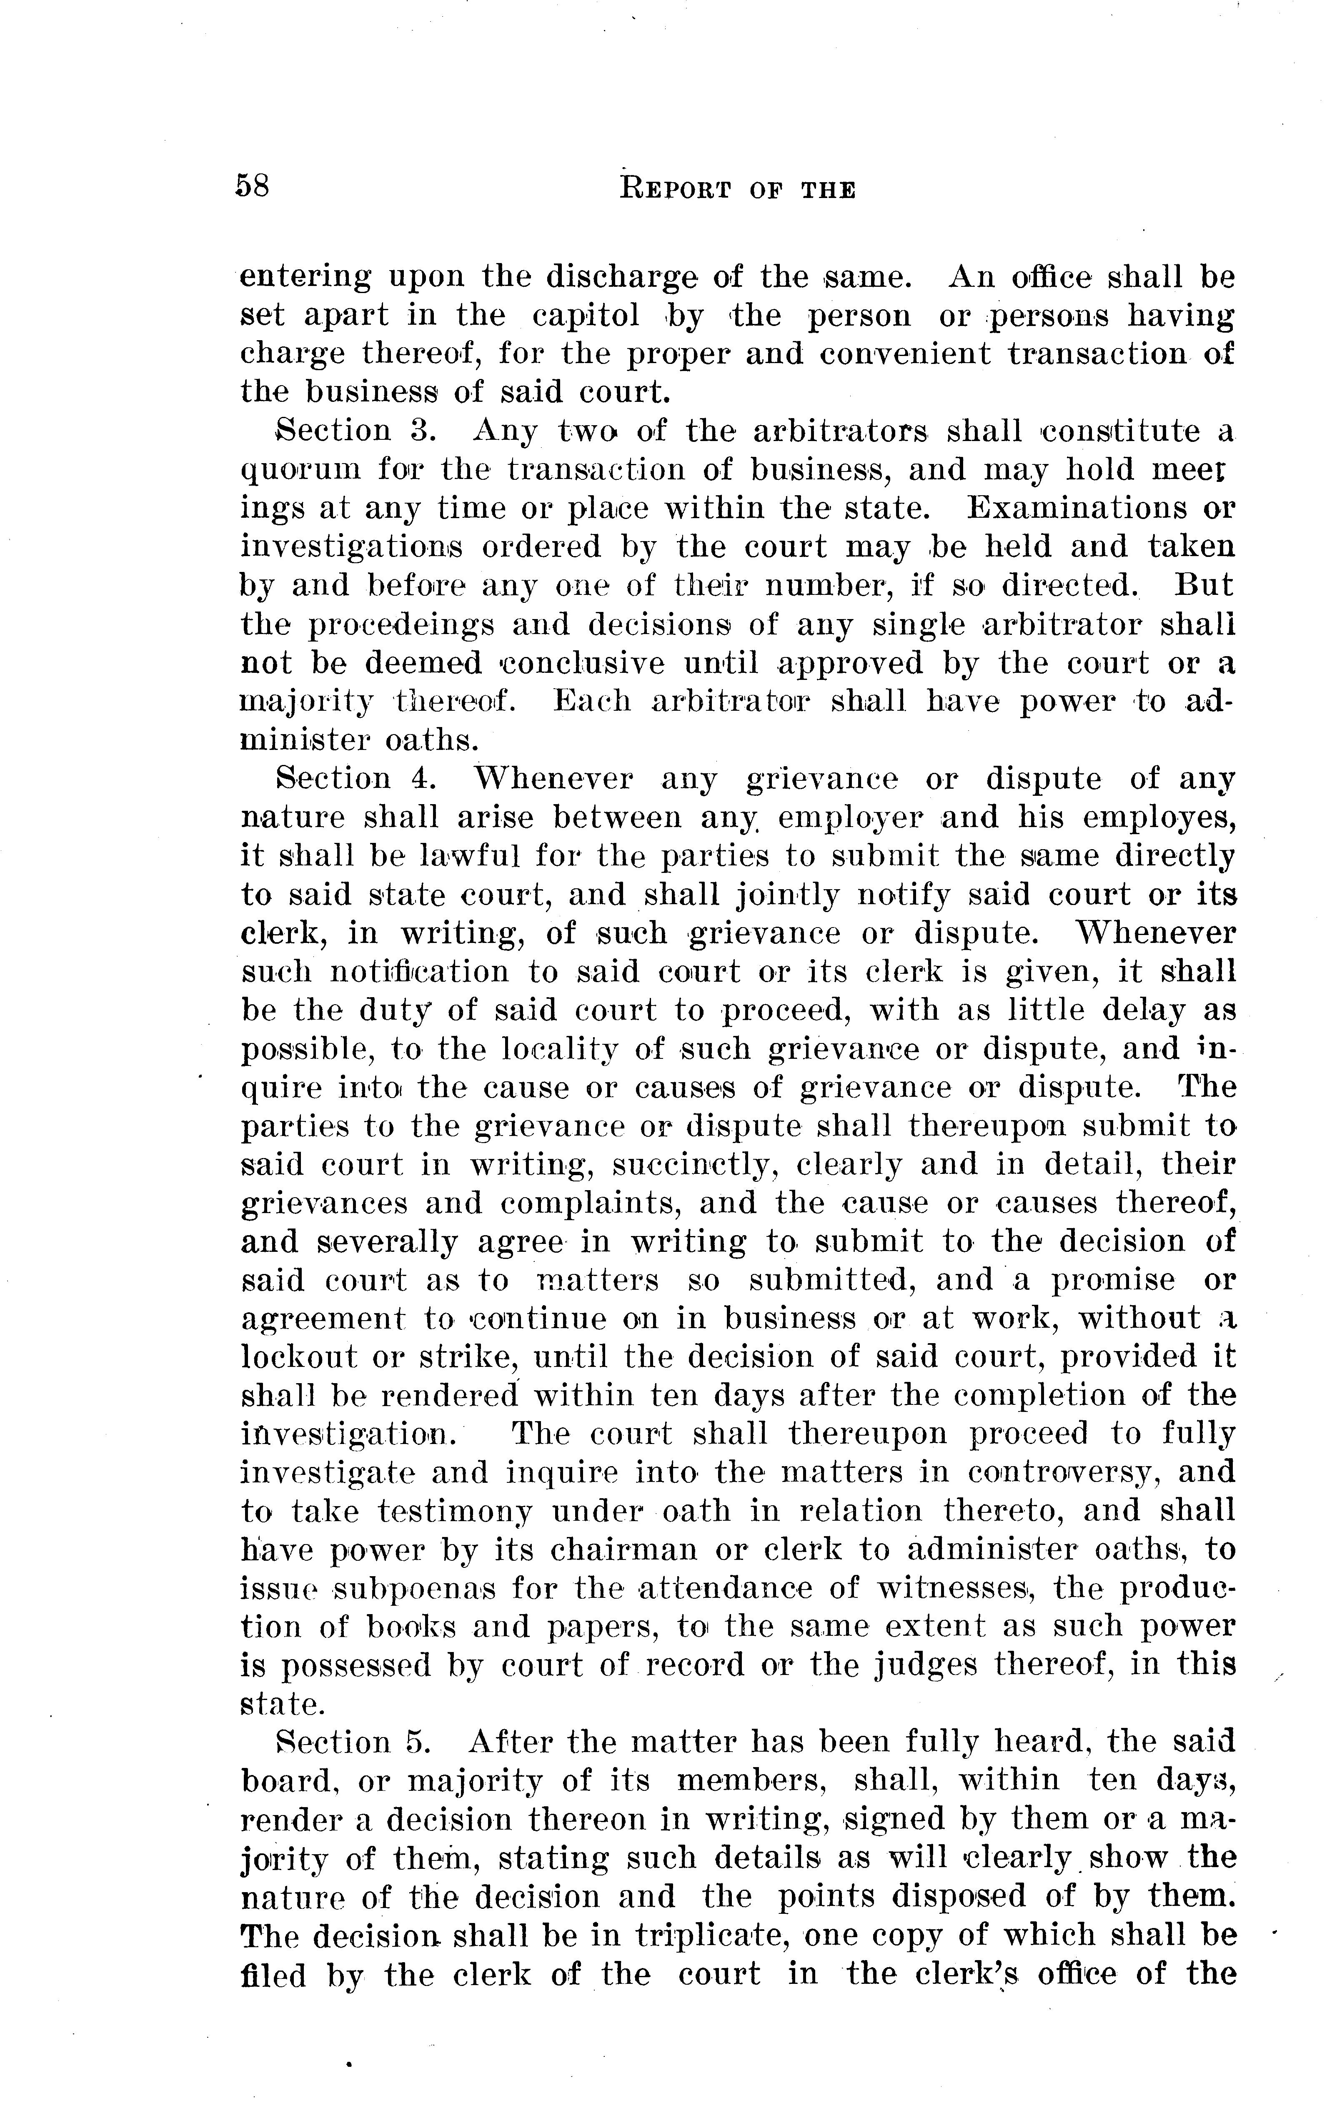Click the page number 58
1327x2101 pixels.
[x=252, y=187]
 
